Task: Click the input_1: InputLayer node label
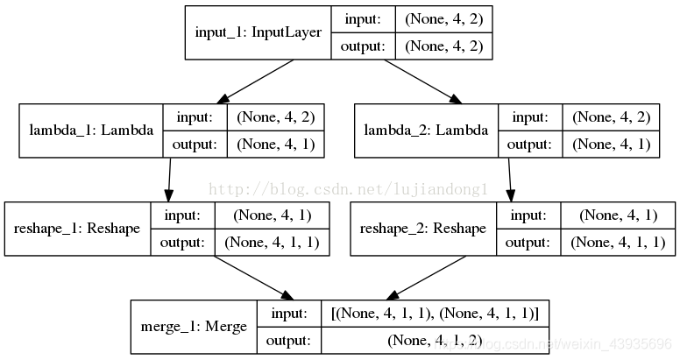click(x=258, y=33)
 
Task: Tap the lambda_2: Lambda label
click(x=427, y=131)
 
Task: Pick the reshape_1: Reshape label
click(x=77, y=229)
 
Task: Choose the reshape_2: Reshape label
click(x=423, y=229)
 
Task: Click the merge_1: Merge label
click(x=194, y=327)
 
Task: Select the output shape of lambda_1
click(x=275, y=144)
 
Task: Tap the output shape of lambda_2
click(x=613, y=144)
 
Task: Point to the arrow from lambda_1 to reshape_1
click(x=167, y=180)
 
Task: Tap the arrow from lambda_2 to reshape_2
click(x=509, y=180)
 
